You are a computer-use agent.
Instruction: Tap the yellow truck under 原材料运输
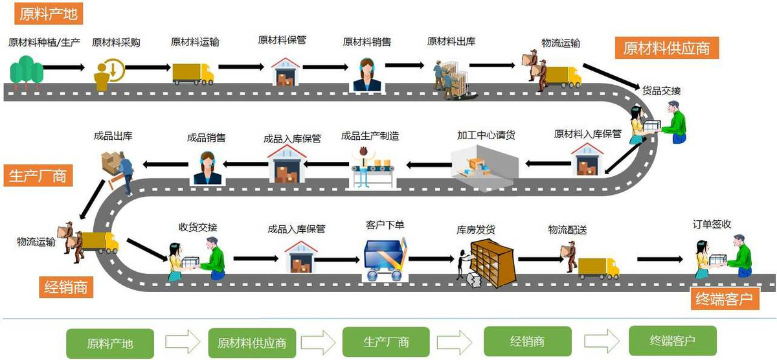pyautogui.click(x=193, y=74)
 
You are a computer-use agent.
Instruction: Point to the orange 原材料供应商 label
pyautogui.click(x=667, y=47)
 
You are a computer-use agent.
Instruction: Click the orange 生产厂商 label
pyautogui.click(x=37, y=175)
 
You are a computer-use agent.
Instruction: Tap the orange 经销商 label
pyautogui.click(x=66, y=286)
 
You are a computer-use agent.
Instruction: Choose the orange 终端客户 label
pyautogui.click(x=724, y=299)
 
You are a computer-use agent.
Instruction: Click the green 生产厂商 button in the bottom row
pyautogui.click(x=386, y=341)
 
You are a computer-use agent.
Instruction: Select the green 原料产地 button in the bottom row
pyautogui.click(x=111, y=342)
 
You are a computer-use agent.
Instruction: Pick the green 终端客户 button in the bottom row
pyautogui.click(x=671, y=340)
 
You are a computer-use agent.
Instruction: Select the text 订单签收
pyautogui.click(x=712, y=224)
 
